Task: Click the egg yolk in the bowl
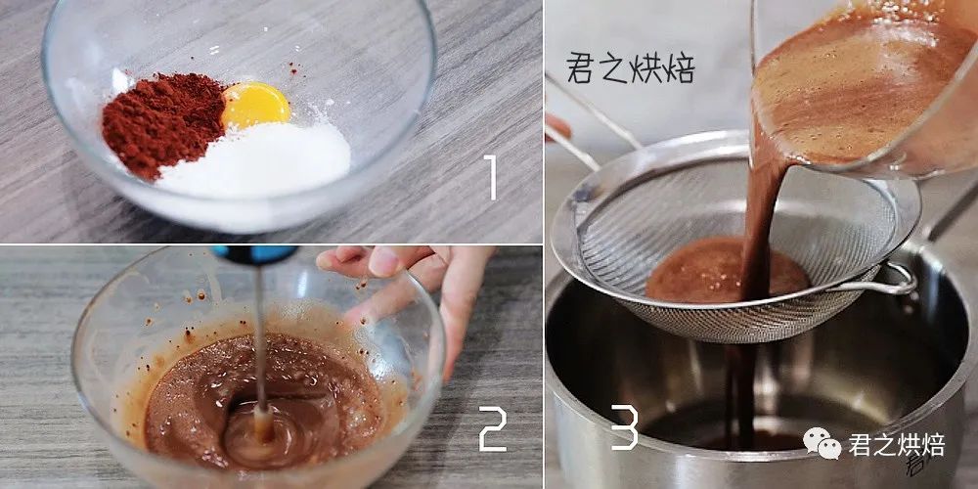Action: coord(255,105)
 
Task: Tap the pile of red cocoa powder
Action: coord(162,125)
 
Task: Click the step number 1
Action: coord(491,177)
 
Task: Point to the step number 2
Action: coord(493,428)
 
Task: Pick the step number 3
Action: coord(624,426)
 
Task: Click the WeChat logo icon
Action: coord(822,442)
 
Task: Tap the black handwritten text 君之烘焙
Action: coord(631,67)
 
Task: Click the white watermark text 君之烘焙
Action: coord(896,445)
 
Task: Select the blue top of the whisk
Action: coord(254,254)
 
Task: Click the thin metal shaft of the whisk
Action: coord(259,336)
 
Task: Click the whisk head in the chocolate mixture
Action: coord(262,424)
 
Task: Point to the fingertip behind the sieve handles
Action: coord(557,127)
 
